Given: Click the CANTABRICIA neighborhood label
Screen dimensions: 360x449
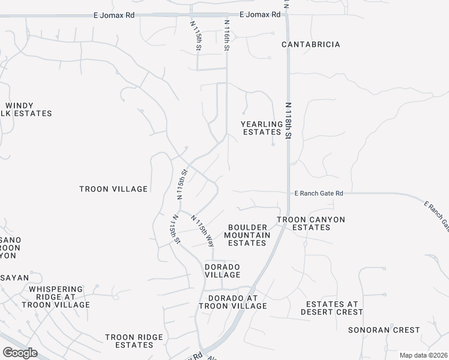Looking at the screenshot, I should [311, 44].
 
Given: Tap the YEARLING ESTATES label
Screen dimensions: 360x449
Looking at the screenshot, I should [261, 128].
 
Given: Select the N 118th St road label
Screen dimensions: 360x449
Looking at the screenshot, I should [288, 121].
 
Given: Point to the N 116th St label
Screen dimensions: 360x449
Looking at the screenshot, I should [227, 35].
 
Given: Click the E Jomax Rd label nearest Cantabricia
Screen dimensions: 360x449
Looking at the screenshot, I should [259, 14].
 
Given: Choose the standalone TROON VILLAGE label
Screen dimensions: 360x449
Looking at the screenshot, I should [113, 189].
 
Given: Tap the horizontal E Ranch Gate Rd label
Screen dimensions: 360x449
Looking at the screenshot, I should [319, 193].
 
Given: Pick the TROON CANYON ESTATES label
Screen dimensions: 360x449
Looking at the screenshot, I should [311, 224].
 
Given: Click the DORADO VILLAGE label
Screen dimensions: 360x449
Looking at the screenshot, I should [223, 271].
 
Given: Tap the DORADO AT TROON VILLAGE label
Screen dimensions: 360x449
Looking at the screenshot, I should [237, 302].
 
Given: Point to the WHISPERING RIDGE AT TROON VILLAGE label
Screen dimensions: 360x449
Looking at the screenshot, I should [55, 296].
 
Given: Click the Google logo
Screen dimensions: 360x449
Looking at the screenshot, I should [20, 353].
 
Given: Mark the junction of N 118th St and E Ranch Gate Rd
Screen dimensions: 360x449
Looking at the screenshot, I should [288, 193].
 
